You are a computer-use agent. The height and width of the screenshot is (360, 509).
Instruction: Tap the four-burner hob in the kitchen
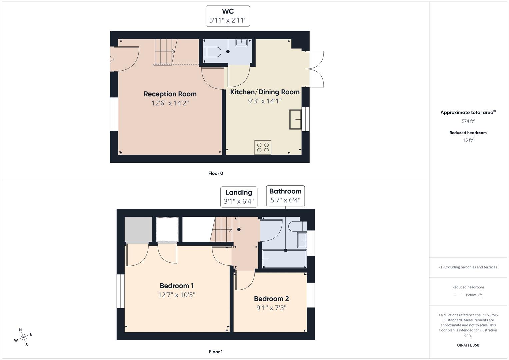263,147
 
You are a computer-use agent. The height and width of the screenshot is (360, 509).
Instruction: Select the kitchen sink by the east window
295,119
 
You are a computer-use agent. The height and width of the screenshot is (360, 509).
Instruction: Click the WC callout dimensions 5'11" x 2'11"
228,20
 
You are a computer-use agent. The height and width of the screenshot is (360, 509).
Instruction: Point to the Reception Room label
170,94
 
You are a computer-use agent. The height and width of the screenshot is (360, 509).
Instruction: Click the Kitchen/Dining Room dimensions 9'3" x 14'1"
265,101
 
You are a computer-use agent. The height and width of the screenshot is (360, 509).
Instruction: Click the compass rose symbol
23,337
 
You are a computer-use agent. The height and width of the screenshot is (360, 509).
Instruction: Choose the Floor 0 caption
216,173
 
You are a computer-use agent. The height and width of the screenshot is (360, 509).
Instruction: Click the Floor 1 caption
216,352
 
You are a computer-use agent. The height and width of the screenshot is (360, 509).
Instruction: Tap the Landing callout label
239,192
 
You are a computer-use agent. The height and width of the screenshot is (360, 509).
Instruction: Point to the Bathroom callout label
285,191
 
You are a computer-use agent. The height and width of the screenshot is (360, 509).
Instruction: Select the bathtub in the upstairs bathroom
284,259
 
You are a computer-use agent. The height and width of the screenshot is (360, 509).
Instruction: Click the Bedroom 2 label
271,299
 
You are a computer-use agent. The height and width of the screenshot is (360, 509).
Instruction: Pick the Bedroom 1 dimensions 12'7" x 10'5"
177,295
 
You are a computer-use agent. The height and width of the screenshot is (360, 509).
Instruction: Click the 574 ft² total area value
468,121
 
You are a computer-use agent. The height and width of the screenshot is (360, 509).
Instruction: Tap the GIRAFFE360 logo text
468,345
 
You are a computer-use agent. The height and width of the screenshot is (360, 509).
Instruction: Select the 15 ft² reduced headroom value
468,140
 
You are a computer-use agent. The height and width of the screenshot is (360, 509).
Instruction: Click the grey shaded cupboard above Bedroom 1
138,230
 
